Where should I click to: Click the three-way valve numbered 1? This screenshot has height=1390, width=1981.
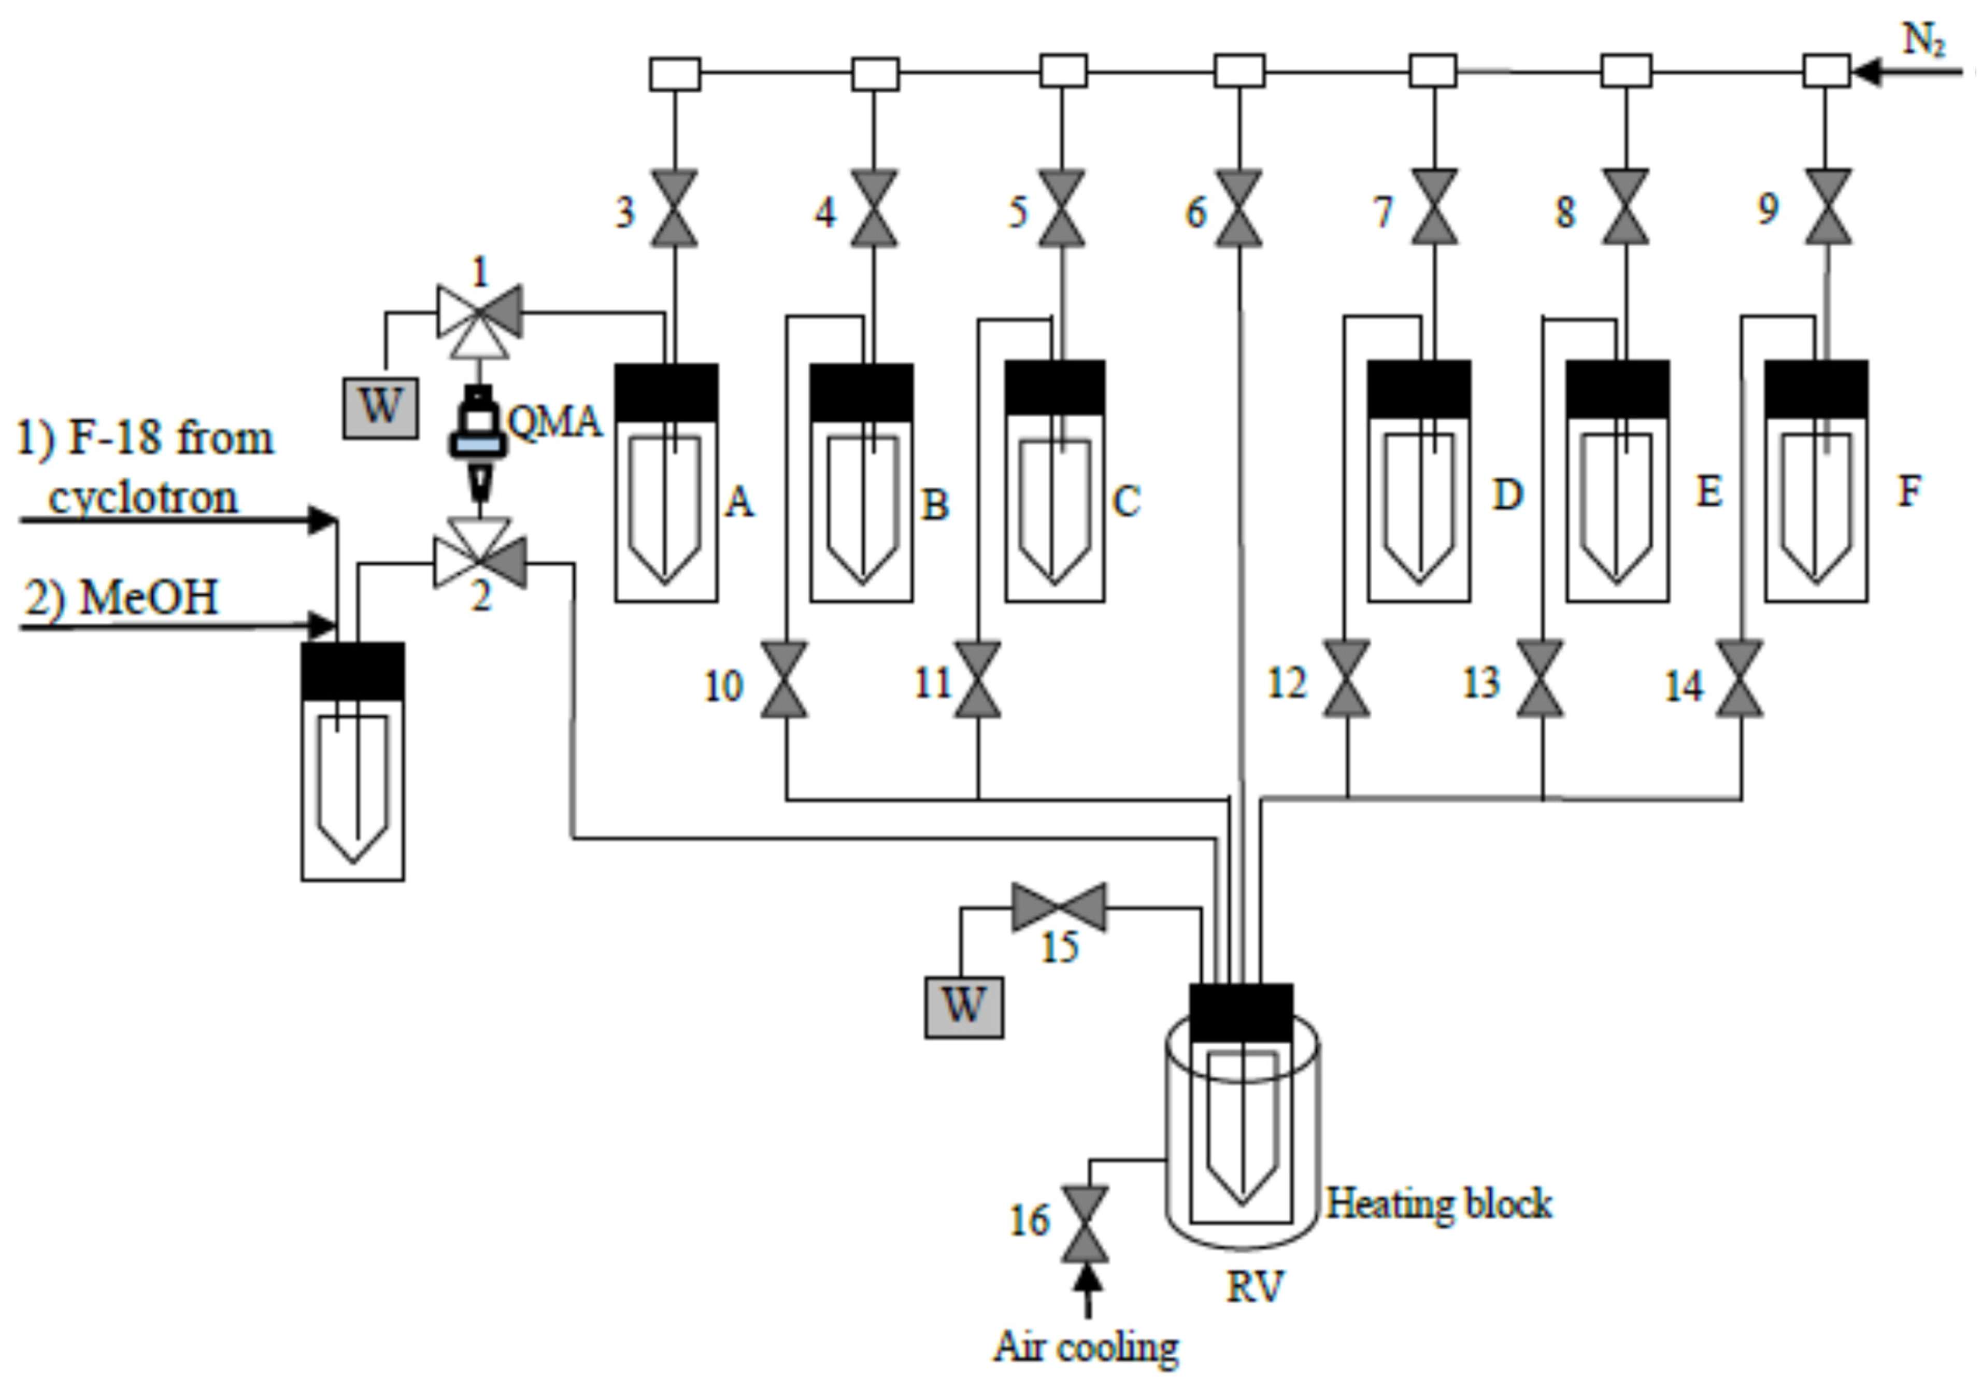coord(480,313)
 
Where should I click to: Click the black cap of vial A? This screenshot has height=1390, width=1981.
coord(666,392)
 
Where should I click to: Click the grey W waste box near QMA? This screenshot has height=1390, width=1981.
coord(380,407)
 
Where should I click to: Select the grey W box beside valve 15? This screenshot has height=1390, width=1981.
coord(964,1007)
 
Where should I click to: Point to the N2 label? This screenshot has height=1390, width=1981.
coord(1923,39)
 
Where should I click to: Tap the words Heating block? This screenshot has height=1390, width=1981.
coord(1438,1203)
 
